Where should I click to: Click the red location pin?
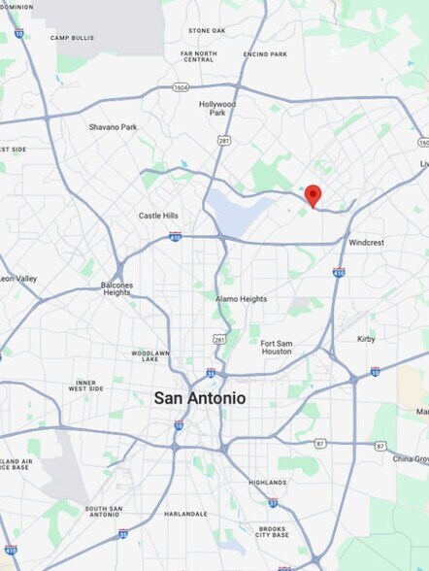pos(313,194)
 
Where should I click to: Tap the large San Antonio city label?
pos(200,398)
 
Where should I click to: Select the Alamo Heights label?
pos(242,299)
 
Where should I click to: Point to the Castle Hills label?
pos(158,216)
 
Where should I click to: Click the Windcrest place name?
pos(367,242)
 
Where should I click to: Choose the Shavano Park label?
pos(113,127)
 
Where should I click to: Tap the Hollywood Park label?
pos(217,109)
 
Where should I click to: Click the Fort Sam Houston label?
pos(276,348)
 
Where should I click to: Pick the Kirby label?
pos(366,339)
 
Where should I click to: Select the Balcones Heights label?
pos(116,288)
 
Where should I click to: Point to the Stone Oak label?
pos(207,31)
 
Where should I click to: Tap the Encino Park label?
pos(265,54)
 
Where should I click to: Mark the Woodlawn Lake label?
pos(150,356)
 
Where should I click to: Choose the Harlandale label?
pos(185,514)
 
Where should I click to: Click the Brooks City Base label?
pos(273,531)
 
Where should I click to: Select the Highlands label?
pos(267,483)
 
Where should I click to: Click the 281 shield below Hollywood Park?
pos(224,141)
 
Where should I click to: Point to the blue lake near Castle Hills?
pos(238,212)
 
